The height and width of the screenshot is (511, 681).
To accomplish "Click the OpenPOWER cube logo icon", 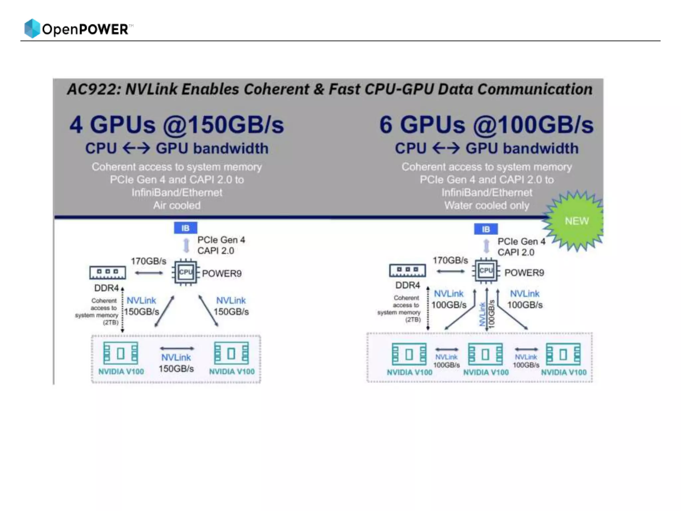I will [32, 28].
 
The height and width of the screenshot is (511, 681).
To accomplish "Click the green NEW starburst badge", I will [576, 221].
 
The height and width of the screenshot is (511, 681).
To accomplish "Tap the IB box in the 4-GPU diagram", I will [185, 228].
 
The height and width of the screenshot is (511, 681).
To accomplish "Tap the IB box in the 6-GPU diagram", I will [485, 229].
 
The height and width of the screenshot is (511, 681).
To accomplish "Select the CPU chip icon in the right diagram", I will [486, 271].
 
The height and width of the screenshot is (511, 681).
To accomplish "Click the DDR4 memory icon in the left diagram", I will [107, 272].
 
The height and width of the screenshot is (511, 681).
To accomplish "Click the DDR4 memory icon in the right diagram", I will [407, 270].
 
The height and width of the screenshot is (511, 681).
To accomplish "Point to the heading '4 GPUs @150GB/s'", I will [177, 125].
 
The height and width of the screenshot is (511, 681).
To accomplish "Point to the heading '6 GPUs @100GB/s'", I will [486, 125].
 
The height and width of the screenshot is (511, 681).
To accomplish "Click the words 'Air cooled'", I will [177, 205].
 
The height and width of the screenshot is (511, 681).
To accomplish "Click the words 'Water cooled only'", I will [486, 205].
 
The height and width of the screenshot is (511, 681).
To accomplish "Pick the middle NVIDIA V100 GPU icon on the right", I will [485, 354].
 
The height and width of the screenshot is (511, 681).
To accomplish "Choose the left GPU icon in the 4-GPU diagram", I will [120, 353].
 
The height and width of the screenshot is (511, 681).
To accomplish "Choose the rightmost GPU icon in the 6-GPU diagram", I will [563, 354].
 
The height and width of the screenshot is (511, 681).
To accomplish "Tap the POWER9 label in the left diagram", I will [222, 273].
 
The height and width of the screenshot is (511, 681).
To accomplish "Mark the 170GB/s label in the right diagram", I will [450, 260].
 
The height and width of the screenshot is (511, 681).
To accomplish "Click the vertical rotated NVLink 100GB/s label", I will [486, 314].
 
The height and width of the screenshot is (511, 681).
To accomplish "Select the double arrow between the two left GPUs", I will [177, 348].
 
